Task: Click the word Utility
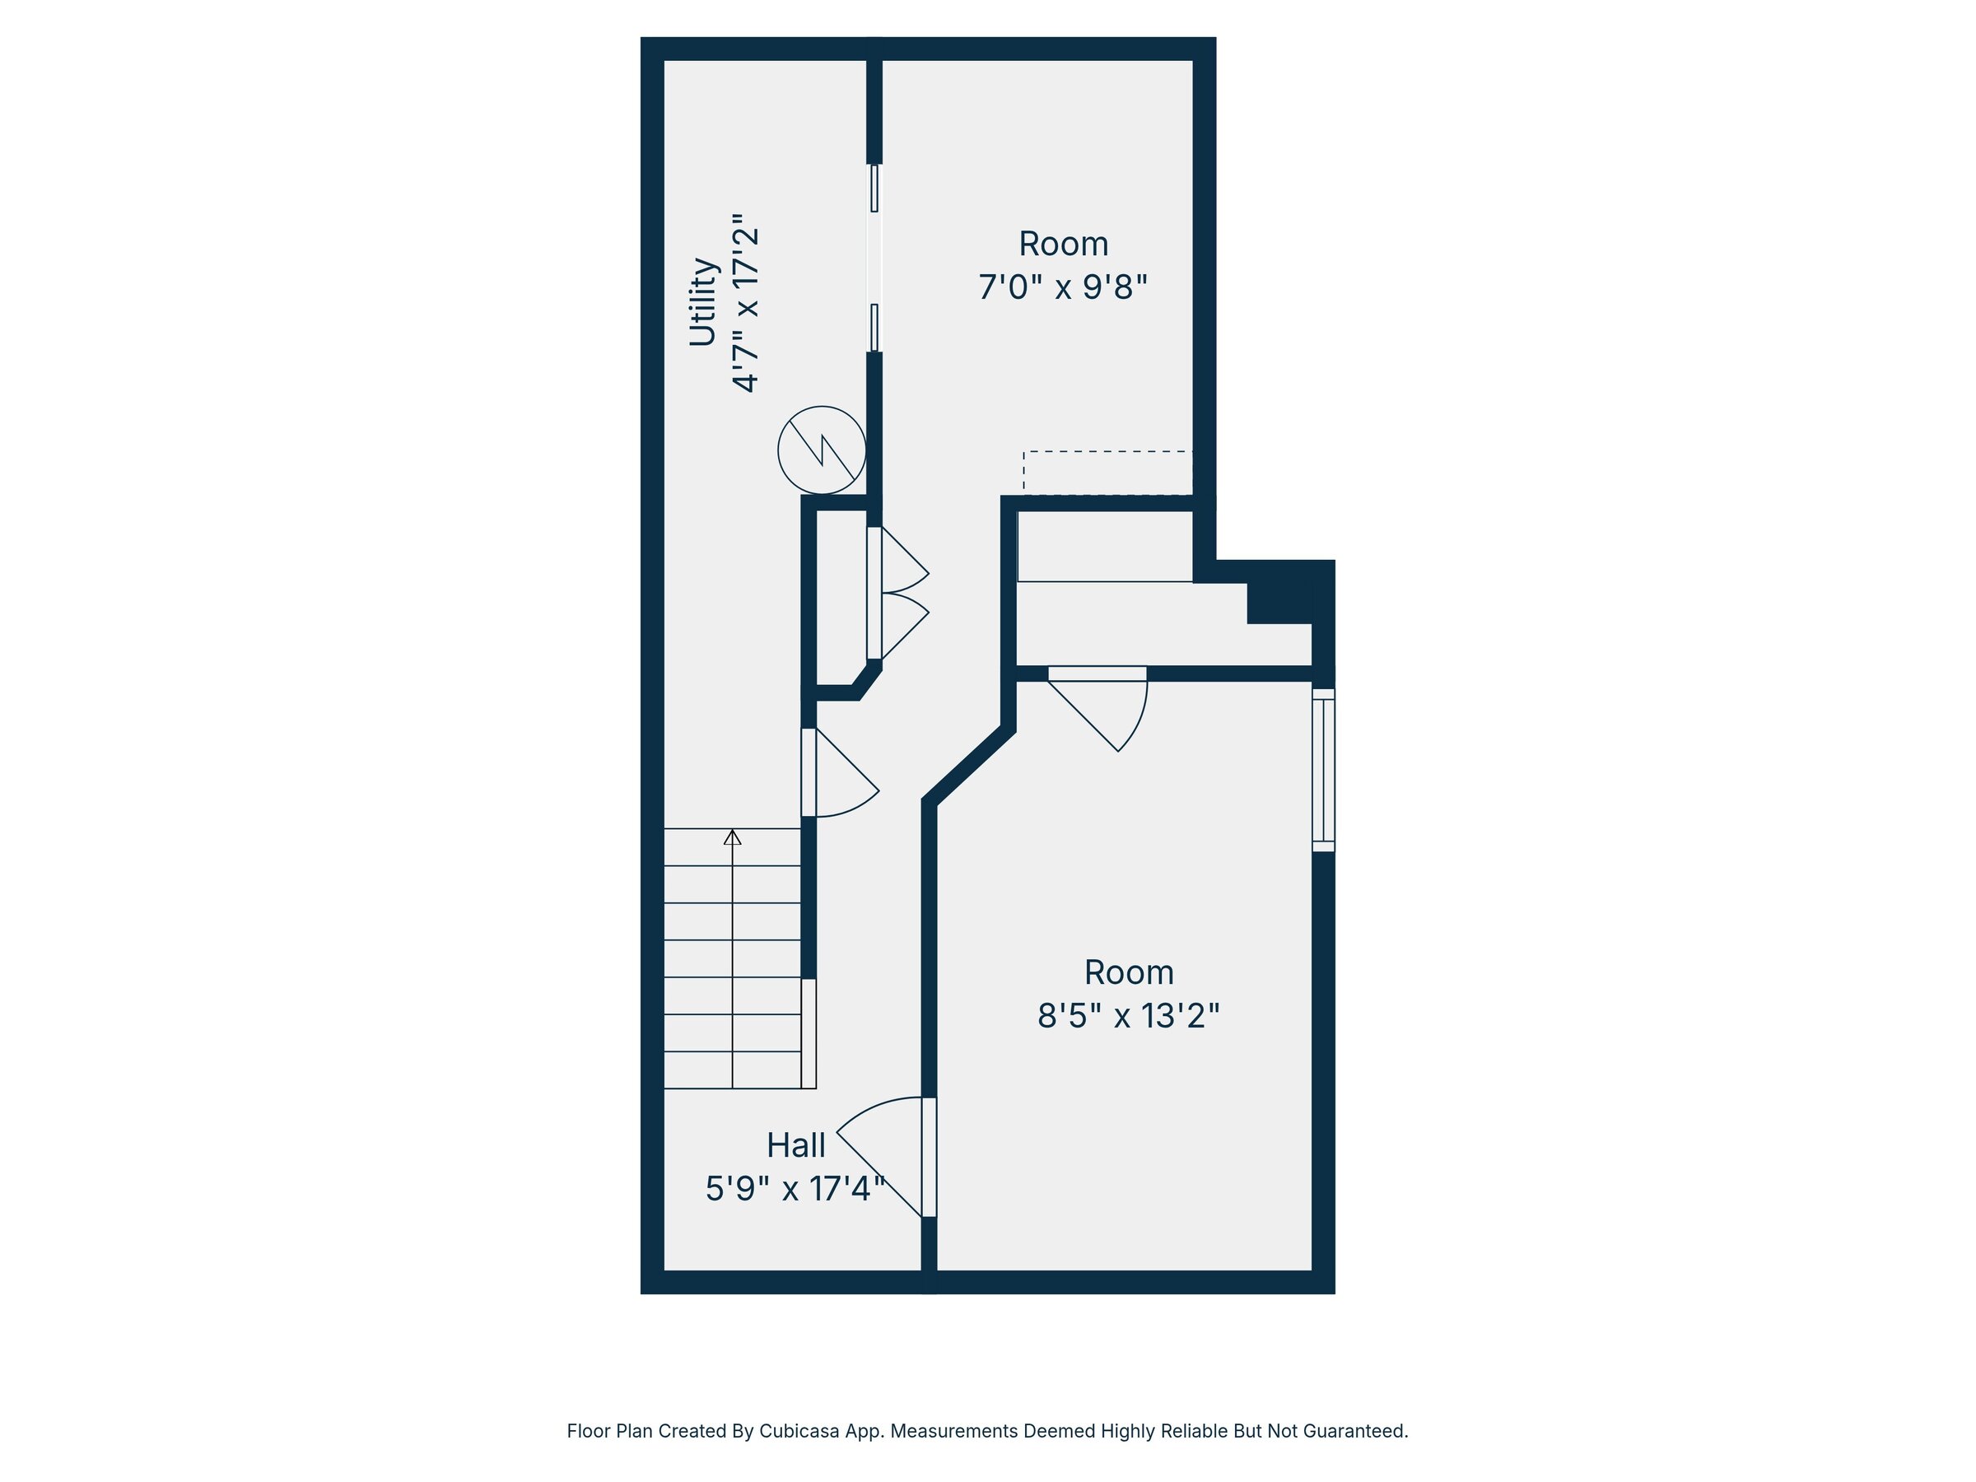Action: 703,302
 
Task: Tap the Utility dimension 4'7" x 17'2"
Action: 746,302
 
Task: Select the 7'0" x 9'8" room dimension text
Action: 1062,287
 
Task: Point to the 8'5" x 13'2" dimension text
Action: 1128,1016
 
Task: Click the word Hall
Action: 795,1144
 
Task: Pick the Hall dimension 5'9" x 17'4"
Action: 795,1189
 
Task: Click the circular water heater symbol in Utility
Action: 821,450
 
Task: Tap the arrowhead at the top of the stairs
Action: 733,837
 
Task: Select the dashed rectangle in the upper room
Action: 1107,472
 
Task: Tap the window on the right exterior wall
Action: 1323,770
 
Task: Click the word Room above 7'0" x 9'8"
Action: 1063,244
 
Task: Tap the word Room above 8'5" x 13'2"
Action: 1128,972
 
